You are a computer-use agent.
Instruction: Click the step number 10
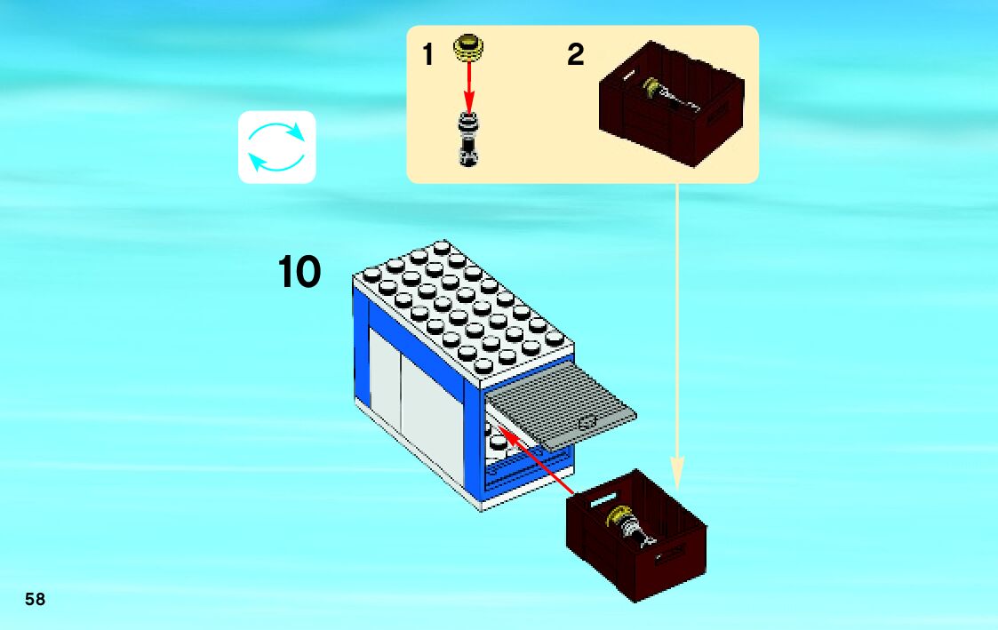pos(299,272)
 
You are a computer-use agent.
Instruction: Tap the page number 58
pos(35,599)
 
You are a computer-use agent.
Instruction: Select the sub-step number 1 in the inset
pos(428,56)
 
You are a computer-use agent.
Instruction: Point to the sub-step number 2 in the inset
pos(576,56)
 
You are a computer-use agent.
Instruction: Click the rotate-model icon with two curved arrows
pos(276,148)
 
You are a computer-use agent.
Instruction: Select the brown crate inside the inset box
pos(671,103)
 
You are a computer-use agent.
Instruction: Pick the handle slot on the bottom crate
pos(670,557)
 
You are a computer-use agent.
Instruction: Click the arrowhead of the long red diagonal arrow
pos(504,432)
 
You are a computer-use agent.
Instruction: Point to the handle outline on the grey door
pos(588,424)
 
